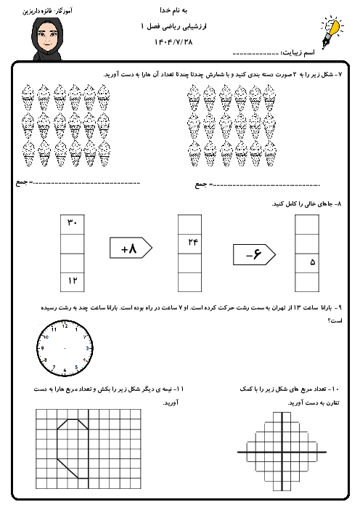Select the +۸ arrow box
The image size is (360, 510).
(131, 248)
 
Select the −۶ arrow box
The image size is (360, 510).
(255, 254)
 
